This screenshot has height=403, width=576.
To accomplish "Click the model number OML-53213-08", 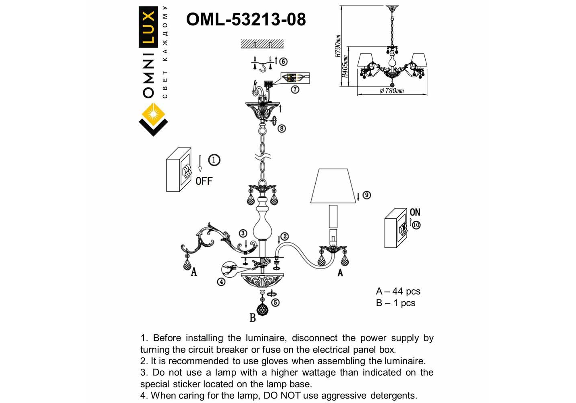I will coord(246,19).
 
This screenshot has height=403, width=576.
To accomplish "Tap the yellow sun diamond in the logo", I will coord(153,114).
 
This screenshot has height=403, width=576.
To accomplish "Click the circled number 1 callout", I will coord(214,160).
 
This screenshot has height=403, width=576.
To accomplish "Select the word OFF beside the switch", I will coord(204,181).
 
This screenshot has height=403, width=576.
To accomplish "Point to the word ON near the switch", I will coord(415,212).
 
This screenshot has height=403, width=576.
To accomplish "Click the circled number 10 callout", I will coord(416,225).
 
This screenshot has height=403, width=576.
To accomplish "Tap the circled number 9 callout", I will coord(366,195).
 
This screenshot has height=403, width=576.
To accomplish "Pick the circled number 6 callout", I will coord(283,61).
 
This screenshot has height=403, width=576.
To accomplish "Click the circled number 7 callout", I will coord(295,89).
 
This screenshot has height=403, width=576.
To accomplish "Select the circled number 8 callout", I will coord(281,129).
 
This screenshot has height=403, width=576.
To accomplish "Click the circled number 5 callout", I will coord(275,302).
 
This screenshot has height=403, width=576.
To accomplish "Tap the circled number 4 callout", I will coord(221,282).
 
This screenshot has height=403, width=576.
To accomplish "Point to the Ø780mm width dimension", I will coord(391,91).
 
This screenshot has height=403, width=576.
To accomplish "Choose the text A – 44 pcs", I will coord(398,291).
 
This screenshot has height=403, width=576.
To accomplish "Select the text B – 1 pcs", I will coord(395,303).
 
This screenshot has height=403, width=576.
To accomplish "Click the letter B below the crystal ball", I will coord(253,318).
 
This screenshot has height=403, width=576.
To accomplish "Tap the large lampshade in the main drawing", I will coord(333,186).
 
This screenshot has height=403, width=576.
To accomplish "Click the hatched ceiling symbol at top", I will coord(262,44).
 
